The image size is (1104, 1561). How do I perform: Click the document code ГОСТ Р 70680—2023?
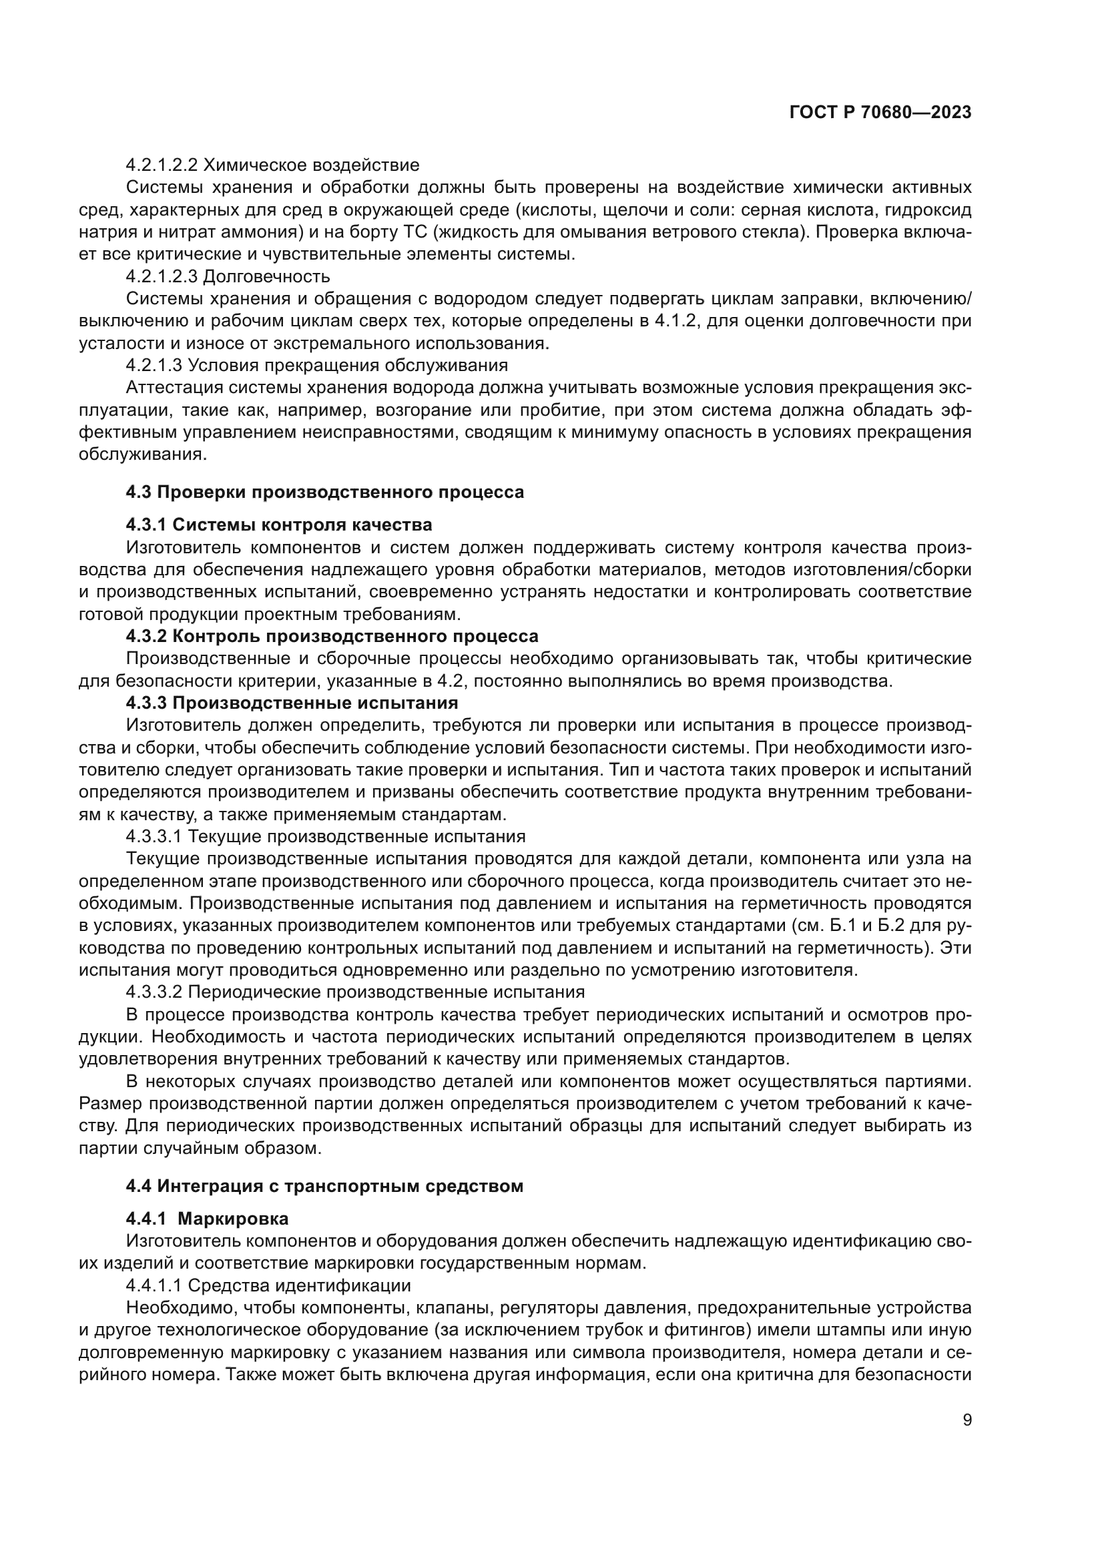pos(880,113)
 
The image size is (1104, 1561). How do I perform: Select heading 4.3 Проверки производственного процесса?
pos(325,493)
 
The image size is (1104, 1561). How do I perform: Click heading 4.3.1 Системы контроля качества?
pos(279,525)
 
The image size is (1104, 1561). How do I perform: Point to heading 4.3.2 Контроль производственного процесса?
pos(332,637)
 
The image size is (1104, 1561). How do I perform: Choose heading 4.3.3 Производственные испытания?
pos(292,702)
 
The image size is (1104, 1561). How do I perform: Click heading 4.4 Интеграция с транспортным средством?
pos(325,1187)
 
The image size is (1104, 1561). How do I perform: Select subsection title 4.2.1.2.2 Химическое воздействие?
pos(272,166)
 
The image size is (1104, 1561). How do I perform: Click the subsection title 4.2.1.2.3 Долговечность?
pos(228,277)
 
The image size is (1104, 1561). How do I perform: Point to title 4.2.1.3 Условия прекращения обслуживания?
pos(317,366)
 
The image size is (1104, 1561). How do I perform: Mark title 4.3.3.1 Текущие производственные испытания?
pos(326,836)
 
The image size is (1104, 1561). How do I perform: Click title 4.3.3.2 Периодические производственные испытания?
pos(355,992)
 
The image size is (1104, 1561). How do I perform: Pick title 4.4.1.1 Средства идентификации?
pos(268,1285)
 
